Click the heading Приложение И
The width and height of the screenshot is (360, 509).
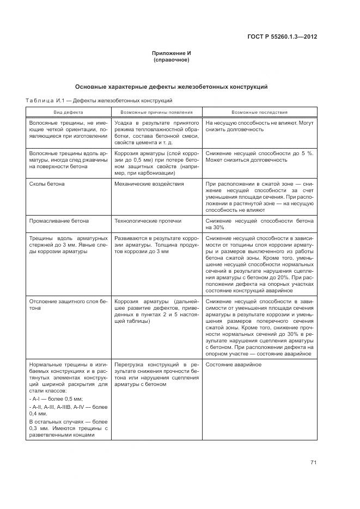click(172, 53)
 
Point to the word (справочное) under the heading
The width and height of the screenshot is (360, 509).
click(172, 60)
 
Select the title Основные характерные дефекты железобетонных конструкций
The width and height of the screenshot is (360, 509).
click(172, 87)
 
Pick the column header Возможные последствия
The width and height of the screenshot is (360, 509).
click(259, 112)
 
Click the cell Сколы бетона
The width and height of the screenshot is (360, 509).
click(47, 184)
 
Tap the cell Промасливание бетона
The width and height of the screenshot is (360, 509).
click(58, 221)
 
